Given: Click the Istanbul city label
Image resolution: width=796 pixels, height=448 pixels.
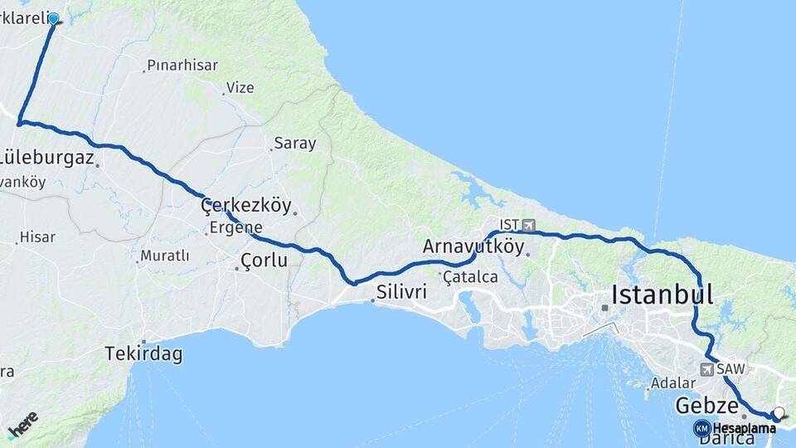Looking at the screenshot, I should click(x=662, y=294).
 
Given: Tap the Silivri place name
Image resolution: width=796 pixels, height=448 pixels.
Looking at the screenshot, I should click(x=401, y=291).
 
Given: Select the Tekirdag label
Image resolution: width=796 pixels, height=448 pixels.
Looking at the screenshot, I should click(x=143, y=354).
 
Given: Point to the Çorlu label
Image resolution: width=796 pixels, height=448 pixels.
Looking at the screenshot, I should click(x=264, y=261).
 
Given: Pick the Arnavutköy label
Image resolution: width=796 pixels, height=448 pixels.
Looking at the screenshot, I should click(x=473, y=246).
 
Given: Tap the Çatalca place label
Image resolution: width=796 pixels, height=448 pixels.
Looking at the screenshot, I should click(x=470, y=276).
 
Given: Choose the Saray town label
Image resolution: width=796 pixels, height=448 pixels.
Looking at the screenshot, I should click(x=295, y=144).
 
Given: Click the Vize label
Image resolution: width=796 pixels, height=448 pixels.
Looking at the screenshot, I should click(x=240, y=87).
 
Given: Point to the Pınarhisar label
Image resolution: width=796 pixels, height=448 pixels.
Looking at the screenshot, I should click(x=182, y=65).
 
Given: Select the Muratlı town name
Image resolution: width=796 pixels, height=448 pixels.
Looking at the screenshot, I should click(x=164, y=256).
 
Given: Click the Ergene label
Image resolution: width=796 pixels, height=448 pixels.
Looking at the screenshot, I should click(x=235, y=227).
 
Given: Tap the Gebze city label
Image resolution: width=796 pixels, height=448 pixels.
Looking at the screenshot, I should click(x=706, y=406).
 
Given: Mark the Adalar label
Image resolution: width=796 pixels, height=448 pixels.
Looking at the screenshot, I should click(x=672, y=383).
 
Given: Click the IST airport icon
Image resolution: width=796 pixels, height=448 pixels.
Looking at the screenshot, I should click(x=529, y=225).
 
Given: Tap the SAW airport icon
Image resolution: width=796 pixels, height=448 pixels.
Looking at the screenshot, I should click(x=707, y=369).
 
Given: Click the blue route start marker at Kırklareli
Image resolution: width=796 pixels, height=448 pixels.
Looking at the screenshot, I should click(x=54, y=18).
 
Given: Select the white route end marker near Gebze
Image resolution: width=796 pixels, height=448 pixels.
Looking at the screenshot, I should click(x=779, y=412).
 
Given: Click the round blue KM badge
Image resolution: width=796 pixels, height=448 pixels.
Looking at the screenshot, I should click(x=701, y=428).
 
